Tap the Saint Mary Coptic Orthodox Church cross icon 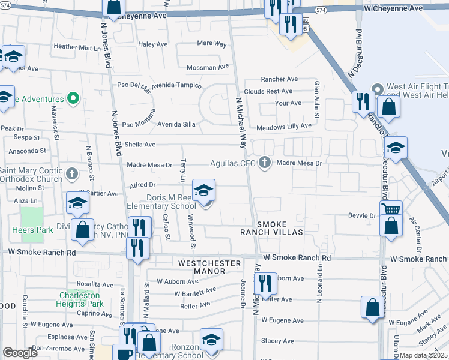(x=71, y=174)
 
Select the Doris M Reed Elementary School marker (x=203, y=191)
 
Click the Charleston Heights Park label (x=81, y=299)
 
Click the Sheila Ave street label (x=140, y=145)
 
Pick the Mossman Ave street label (x=209, y=68)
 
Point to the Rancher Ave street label (x=279, y=79)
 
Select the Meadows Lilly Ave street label (x=284, y=127)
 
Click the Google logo (x=20, y=353)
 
